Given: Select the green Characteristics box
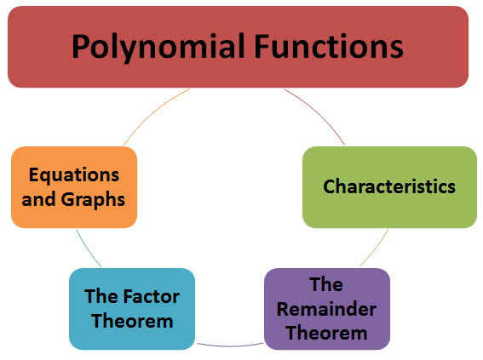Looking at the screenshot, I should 389,186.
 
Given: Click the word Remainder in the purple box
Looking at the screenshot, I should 326,307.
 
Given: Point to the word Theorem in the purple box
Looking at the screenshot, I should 326,331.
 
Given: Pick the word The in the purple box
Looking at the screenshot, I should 326,283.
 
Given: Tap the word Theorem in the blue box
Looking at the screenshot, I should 131,321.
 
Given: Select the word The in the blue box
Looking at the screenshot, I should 101,296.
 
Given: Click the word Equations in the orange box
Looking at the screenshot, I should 74,174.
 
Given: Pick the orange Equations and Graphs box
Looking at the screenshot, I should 74,186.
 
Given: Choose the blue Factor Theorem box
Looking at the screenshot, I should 131,309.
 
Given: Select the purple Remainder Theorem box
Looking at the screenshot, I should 326,308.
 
